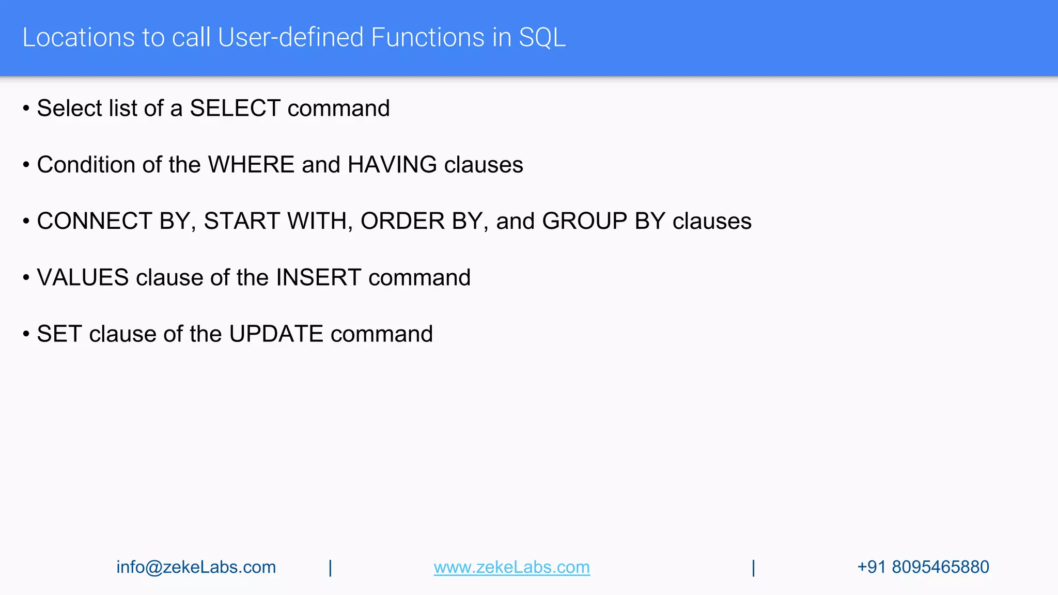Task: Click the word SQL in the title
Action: (542, 38)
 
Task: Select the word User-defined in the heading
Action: (290, 38)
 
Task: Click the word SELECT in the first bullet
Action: (235, 108)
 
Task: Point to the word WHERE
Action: (251, 165)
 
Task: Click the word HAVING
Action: (392, 165)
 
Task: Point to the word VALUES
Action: (83, 278)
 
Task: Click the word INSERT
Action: (318, 278)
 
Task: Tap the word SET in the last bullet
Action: (59, 334)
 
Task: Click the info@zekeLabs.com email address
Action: (196, 567)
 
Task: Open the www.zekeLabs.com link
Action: (511, 567)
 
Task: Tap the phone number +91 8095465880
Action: (923, 567)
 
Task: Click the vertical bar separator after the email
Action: (331, 568)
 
